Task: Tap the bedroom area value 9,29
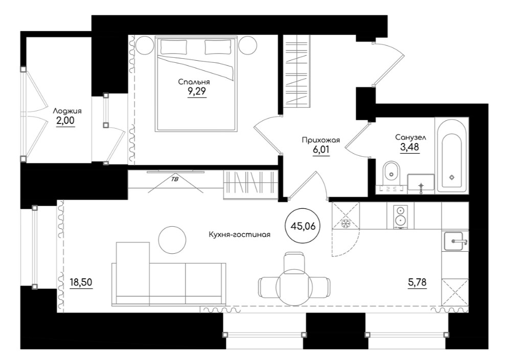(197, 92)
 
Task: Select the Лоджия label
(67, 111)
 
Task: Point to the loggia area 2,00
(65, 121)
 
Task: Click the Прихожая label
(321, 140)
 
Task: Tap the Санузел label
(411, 137)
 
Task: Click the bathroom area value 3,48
(410, 147)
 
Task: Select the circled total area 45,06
(303, 226)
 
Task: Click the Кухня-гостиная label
(239, 234)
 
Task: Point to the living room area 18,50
(81, 282)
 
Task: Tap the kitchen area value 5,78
(417, 282)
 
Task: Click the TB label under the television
(175, 180)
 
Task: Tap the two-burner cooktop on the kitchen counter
(400, 217)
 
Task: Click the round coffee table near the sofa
(172, 240)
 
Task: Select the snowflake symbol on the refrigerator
(346, 223)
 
